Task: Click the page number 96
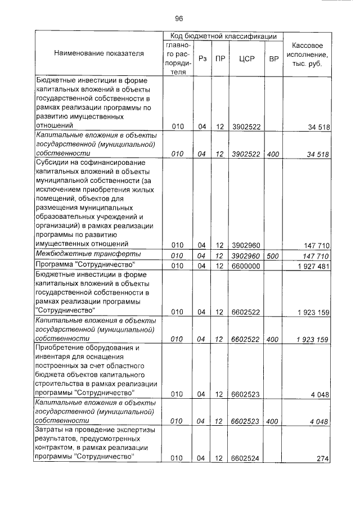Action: pyautogui.click(x=179, y=17)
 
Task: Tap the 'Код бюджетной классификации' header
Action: pyautogui.click(x=223, y=35)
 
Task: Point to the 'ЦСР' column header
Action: pyautogui.click(x=245, y=58)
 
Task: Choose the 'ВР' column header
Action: pyautogui.click(x=273, y=58)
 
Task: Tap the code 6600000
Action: pyautogui.click(x=245, y=265)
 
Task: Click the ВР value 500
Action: pyautogui.click(x=273, y=255)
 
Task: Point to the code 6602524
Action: pyautogui.click(x=245, y=458)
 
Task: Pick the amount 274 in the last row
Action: pyautogui.click(x=322, y=458)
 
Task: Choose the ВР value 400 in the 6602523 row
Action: pyautogui.click(x=273, y=420)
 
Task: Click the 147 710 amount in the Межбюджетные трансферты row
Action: pyautogui.click(x=314, y=255)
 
